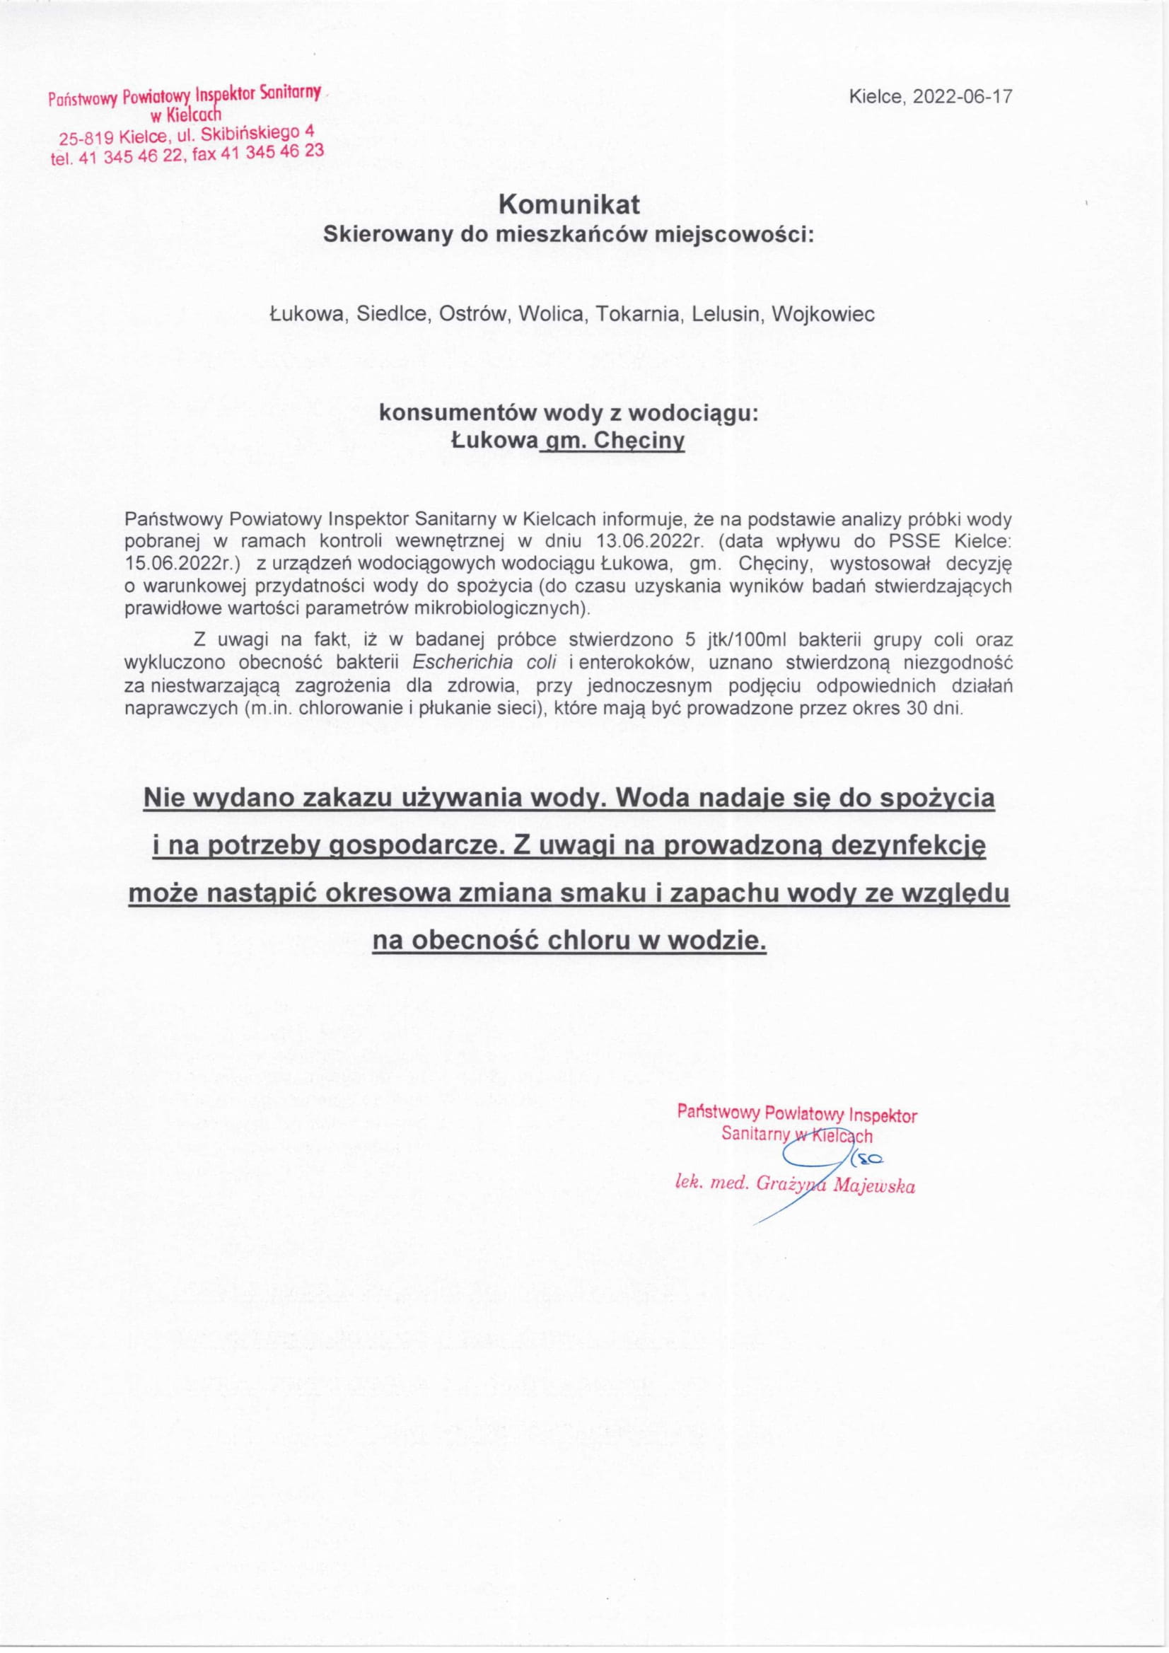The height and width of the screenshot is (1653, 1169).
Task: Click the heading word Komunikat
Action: (569, 205)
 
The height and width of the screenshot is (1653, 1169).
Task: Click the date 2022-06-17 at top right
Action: (962, 96)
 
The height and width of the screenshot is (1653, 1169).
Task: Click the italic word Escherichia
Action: (458, 661)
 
